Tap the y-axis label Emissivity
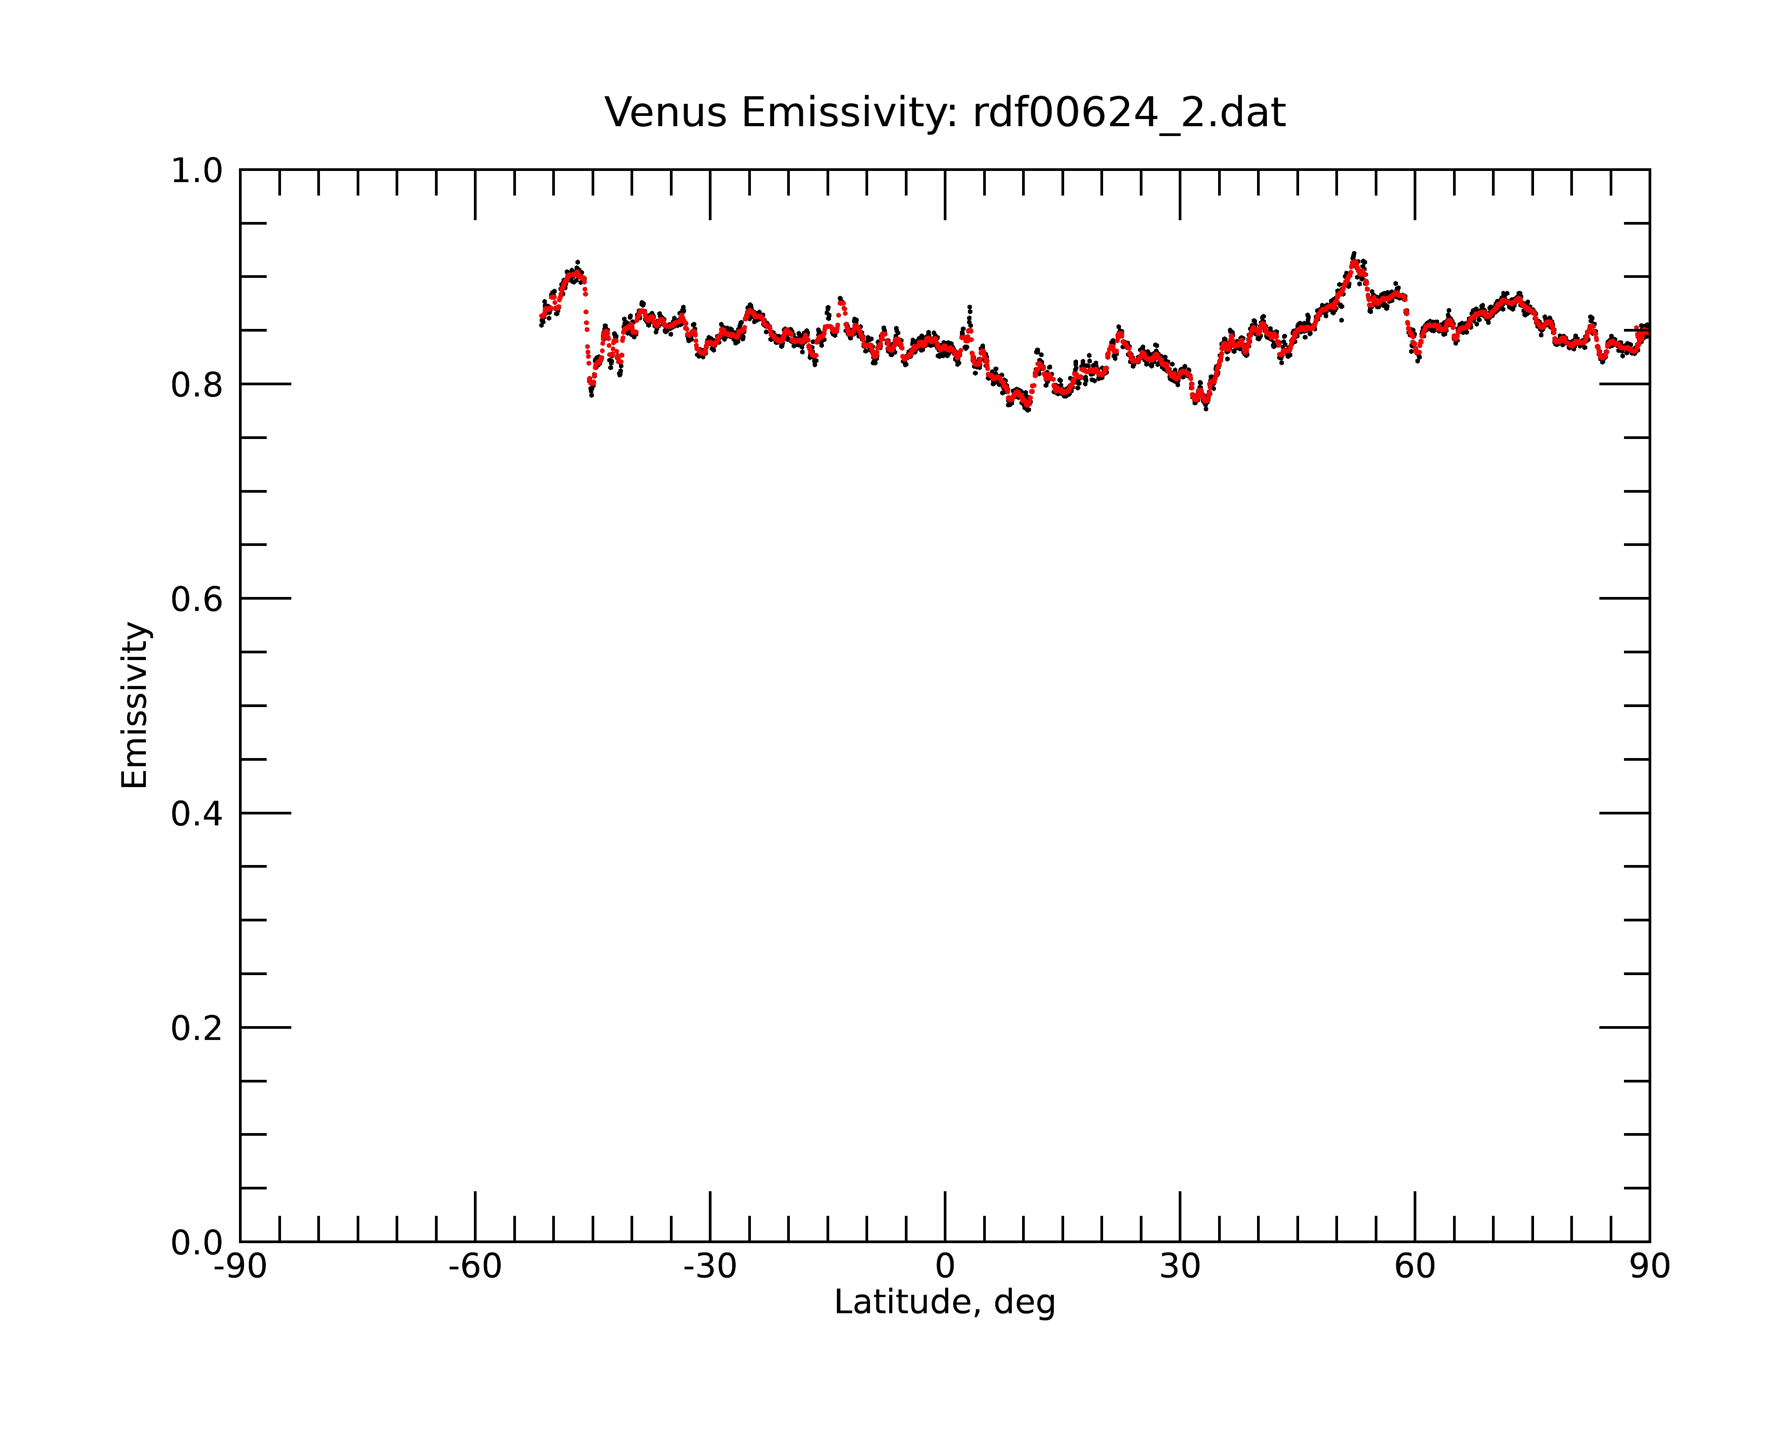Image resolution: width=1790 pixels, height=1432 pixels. click(135, 705)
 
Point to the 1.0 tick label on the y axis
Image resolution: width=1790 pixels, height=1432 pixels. click(197, 171)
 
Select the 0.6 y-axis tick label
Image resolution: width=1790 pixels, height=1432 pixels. click(197, 599)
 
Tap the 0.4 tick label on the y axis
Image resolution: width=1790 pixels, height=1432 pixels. click(197, 814)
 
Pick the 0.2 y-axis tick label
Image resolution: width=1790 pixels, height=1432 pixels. click(197, 1028)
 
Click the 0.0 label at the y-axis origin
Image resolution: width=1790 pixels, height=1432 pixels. click(197, 1242)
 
